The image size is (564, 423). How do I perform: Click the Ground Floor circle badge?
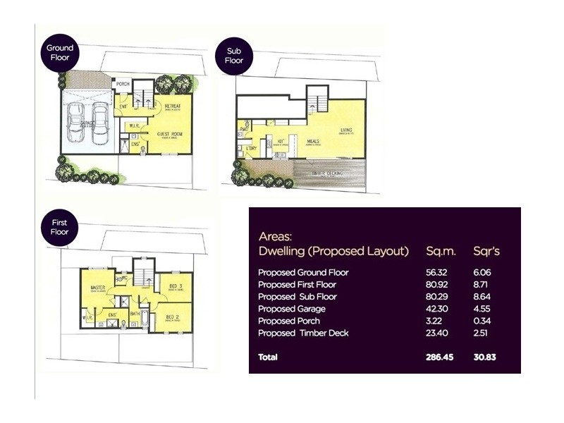click(x=60, y=53)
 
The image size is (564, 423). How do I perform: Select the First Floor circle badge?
click(x=59, y=227)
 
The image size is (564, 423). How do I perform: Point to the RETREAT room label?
click(x=173, y=106)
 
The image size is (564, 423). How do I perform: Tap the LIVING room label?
click(x=346, y=130)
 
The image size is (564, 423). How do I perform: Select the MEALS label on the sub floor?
click(x=313, y=141)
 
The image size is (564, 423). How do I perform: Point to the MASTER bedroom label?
click(x=97, y=288)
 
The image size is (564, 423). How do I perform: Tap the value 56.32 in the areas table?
click(x=437, y=272)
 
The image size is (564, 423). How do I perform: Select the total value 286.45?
click(x=440, y=357)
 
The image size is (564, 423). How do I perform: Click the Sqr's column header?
click(x=487, y=251)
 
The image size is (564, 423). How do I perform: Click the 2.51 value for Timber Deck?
click(x=483, y=333)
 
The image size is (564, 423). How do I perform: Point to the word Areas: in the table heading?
click(x=276, y=236)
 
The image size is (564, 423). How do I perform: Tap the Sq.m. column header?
click(x=442, y=251)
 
